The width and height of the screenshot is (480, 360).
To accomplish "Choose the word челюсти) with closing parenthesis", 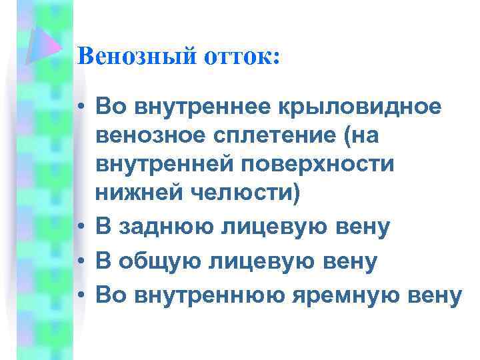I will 247,194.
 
